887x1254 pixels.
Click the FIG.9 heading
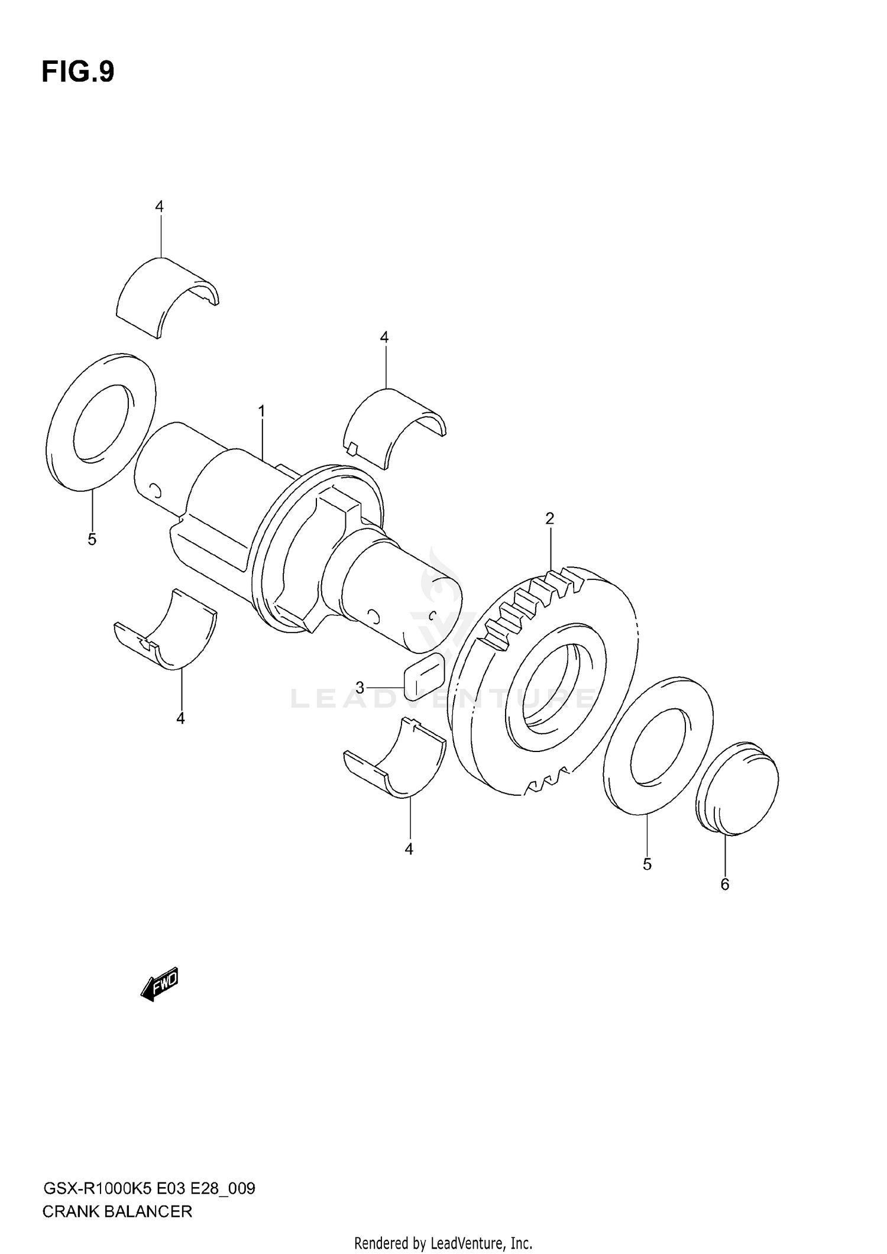(x=77, y=72)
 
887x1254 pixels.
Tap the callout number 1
(x=261, y=411)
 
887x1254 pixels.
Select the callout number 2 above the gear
(x=550, y=519)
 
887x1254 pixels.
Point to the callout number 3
(x=360, y=687)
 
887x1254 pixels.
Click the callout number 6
(x=725, y=901)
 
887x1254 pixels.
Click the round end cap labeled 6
(x=738, y=787)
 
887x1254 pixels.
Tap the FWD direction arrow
(x=160, y=984)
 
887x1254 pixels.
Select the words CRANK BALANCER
(x=117, y=1211)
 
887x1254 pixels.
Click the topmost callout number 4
(x=159, y=206)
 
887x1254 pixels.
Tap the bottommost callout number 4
(x=409, y=849)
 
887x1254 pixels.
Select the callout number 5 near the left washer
(x=92, y=539)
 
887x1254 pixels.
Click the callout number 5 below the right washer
(x=647, y=864)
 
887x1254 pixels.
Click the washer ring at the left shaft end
(x=101, y=422)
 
